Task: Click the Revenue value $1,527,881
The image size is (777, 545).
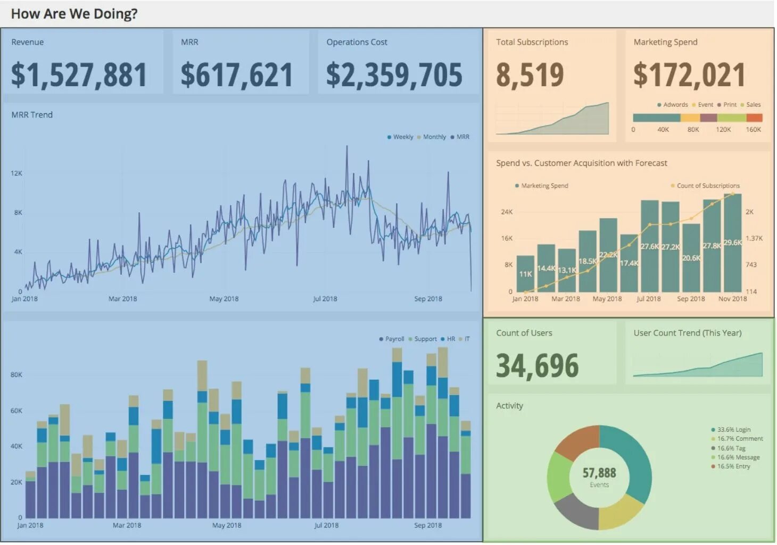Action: (x=79, y=75)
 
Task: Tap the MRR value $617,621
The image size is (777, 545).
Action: (x=236, y=75)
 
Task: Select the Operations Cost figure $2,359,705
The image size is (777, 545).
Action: (x=394, y=75)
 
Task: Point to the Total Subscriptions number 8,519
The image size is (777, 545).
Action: (x=530, y=75)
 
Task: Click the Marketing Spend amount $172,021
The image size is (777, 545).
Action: (x=689, y=75)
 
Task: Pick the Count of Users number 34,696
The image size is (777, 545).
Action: (x=537, y=366)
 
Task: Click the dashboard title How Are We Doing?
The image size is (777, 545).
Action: (x=74, y=14)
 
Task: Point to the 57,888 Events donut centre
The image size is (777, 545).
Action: (x=599, y=476)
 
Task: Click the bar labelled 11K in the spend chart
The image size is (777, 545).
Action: (x=525, y=274)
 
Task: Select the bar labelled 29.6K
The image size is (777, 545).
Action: (x=733, y=242)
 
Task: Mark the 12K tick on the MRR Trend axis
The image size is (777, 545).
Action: (x=16, y=173)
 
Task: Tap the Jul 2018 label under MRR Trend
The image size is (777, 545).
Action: (x=325, y=299)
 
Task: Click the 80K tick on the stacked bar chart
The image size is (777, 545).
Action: (x=16, y=375)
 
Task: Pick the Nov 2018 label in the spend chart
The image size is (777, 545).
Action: (x=732, y=299)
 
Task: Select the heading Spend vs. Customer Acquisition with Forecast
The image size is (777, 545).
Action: (x=581, y=163)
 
